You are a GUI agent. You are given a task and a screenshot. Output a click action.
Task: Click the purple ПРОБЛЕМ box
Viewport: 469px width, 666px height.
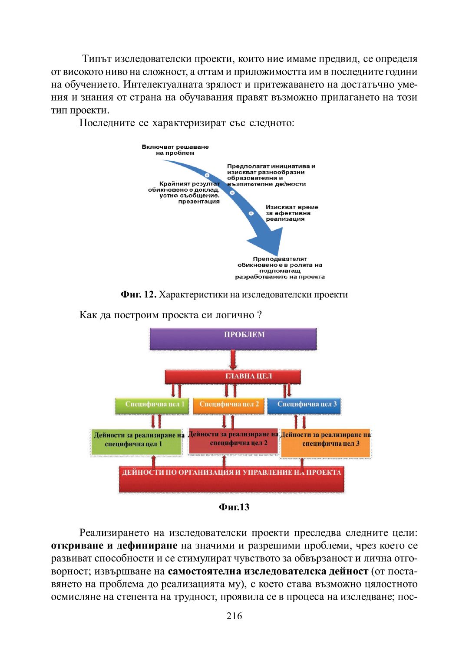(x=233, y=339)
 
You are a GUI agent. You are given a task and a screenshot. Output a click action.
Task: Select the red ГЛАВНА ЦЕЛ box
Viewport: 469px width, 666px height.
(x=233, y=376)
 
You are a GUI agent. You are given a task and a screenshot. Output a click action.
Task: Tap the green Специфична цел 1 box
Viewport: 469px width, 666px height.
(x=152, y=405)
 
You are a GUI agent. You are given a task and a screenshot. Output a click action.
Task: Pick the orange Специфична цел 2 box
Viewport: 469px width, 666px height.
(x=228, y=405)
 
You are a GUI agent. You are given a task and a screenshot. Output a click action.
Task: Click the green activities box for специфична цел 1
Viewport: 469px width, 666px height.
(x=136, y=442)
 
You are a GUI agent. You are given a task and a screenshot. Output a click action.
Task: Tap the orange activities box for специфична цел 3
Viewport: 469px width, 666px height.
(x=326, y=443)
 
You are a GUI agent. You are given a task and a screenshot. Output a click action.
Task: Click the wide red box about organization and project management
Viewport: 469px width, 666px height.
(x=231, y=479)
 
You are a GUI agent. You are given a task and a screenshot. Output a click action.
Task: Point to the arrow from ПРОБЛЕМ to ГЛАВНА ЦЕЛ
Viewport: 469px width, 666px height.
(x=233, y=360)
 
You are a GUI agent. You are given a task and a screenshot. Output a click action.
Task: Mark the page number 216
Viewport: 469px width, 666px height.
(x=234, y=616)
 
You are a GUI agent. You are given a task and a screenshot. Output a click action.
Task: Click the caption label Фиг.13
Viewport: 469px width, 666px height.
(x=234, y=507)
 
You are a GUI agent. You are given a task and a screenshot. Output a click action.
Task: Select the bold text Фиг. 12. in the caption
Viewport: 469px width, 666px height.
(x=138, y=295)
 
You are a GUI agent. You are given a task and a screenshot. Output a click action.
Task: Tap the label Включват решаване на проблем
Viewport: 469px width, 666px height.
(x=175, y=150)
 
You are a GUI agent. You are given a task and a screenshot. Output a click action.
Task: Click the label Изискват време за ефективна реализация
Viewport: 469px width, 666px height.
(x=291, y=213)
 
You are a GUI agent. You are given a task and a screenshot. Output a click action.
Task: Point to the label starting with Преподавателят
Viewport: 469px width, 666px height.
(x=280, y=268)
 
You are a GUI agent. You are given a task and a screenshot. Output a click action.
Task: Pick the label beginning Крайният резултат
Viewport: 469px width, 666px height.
(x=185, y=193)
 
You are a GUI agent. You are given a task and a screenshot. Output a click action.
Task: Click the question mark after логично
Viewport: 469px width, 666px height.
(x=259, y=315)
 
